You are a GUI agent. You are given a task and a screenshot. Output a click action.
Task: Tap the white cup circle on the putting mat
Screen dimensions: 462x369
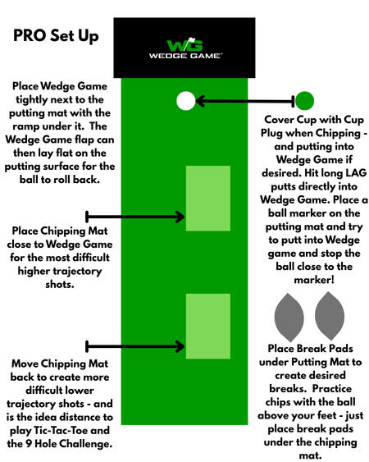click(x=186, y=101)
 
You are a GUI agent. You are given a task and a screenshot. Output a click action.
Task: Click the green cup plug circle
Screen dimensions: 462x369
click(x=304, y=101)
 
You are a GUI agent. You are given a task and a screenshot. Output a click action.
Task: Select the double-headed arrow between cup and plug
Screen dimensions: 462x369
click(x=245, y=101)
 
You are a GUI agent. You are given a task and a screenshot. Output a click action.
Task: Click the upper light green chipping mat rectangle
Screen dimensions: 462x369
click(x=208, y=199)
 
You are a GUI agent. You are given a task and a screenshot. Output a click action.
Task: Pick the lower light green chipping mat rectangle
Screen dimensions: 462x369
click(x=208, y=326)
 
